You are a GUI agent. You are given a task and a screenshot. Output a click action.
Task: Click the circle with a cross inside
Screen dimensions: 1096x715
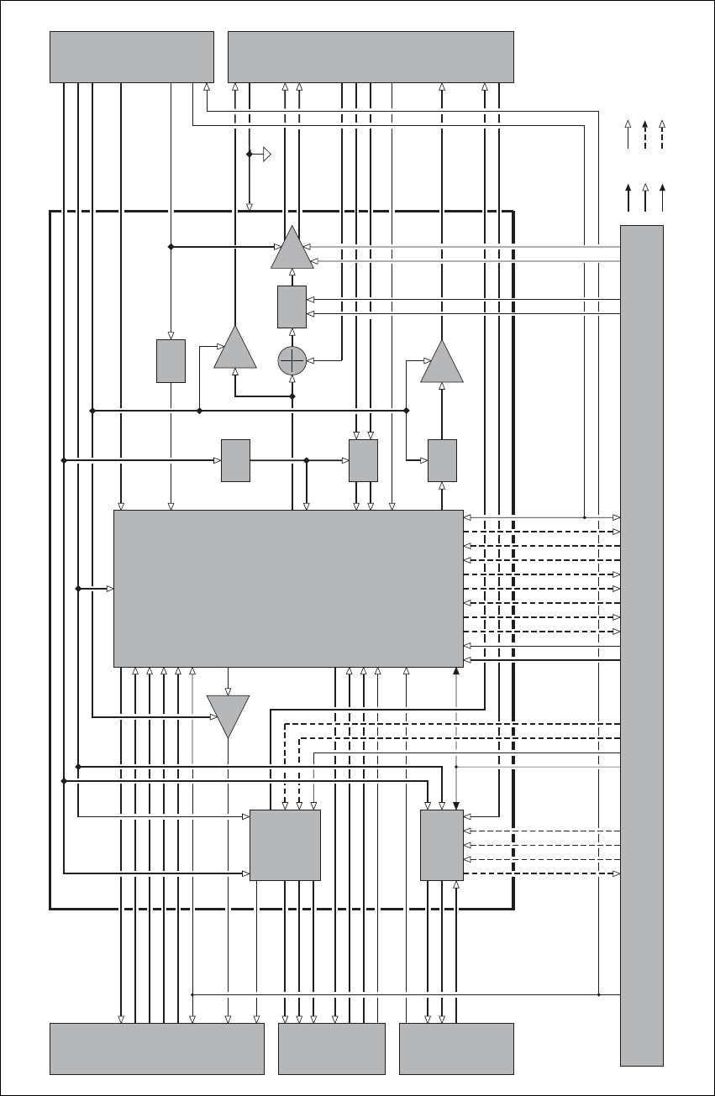click(292, 360)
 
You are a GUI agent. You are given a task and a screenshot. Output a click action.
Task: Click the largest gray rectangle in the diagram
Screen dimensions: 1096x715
click(288, 588)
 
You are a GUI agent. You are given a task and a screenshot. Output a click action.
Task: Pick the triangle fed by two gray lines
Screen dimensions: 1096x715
click(292, 249)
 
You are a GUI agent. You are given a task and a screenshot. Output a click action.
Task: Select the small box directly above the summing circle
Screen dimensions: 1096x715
click(292, 307)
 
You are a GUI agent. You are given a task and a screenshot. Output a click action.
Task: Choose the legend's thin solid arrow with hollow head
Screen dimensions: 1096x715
click(628, 134)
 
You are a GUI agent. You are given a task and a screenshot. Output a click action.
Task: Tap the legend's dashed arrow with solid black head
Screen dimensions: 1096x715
click(645, 134)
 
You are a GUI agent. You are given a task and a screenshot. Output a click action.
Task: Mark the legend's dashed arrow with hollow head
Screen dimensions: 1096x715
click(663, 134)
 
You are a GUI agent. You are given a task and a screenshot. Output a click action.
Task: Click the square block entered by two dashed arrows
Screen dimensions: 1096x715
click(286, 845)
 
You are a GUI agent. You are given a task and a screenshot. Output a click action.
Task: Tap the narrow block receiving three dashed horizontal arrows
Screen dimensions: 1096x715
click(442, 845)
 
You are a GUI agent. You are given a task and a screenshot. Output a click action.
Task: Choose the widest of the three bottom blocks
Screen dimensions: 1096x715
click(157, 1048)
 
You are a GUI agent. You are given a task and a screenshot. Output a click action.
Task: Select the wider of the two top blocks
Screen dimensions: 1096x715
click(371, 56)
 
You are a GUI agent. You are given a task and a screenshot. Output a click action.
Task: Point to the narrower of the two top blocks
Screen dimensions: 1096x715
click(132, 56)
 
